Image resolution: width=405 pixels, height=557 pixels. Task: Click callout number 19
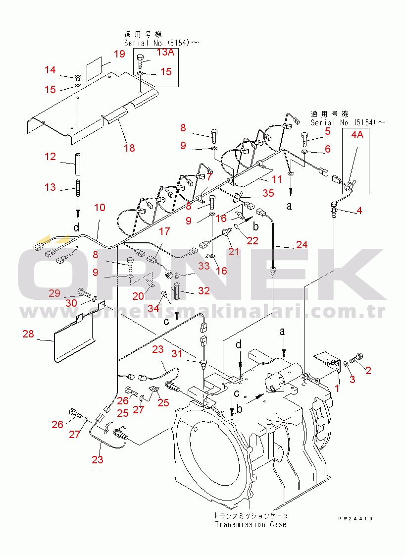[120, 54]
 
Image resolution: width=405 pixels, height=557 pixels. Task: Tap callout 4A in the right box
[357, 135]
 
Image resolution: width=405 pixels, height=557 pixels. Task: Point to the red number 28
[28, 334]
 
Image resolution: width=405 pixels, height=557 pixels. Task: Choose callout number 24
[302, 244]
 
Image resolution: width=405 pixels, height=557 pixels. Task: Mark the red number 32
[204, 291]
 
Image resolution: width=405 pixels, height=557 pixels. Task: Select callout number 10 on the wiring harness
[100, 207]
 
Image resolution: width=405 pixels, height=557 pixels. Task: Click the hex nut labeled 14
[77, 77]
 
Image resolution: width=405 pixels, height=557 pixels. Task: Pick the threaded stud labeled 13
[78, 189]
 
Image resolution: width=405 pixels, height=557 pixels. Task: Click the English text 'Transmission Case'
[250, 524]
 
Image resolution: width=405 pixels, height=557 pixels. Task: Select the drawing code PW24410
[355, 519]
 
